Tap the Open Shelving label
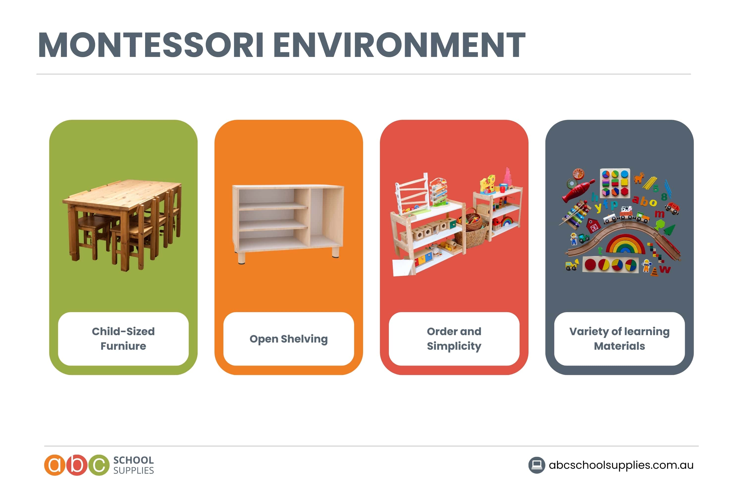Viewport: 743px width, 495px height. click(x=289, y=339)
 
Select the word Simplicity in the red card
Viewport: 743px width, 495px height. click(x=454, y=346)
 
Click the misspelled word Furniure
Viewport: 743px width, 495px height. click(x=123, y=346)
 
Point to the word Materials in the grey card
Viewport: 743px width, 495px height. click(x=619, y=346)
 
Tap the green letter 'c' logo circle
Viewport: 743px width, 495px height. click(x=99, y=465)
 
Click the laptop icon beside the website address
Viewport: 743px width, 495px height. click(x=536, y=465)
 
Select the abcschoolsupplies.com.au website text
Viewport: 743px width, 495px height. click(x=621, y=465)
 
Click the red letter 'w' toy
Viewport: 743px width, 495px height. click(x=665, y=269)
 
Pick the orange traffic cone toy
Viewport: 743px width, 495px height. click(x=655, y=271)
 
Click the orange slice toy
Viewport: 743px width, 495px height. click(x=579, y=174)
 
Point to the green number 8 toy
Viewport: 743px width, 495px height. click(x=664, y=197)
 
